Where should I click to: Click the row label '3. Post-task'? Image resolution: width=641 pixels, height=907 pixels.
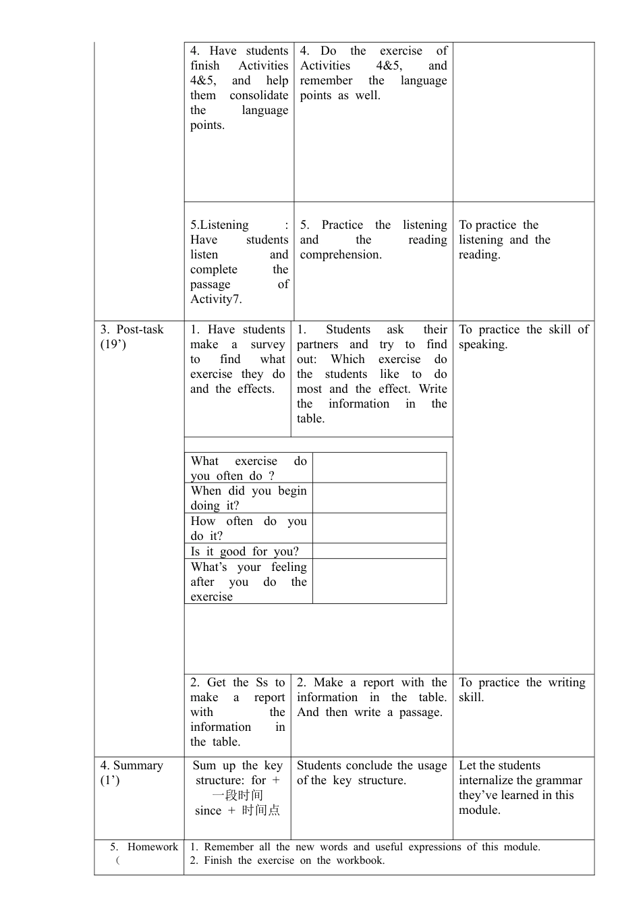pyautogui.click(x=132, y=330)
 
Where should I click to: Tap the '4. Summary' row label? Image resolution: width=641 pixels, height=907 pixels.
pyautogui.click(x=132, y=765)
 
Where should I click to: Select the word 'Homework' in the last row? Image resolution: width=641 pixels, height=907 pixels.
pyautogui.click(x=152, y=847)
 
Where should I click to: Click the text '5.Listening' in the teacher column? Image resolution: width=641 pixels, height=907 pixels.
pyautogui.click(x=219, y=225)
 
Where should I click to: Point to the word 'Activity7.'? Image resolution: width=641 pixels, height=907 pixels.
pyautogui.click(x=216, y=299)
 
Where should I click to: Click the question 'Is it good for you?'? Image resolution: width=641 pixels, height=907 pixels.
pyautogui.click(x=244, y=551)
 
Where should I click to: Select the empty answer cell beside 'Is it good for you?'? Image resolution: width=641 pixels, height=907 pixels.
pyautogui.click(x=379, y=551)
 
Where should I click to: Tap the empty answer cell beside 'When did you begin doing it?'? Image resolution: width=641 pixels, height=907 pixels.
pyautogui.click(x=379, y=498)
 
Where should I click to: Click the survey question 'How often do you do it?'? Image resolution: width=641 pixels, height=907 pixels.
pyautogui.click(x=248, y=528)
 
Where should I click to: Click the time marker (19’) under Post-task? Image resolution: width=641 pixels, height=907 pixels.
pyautogui.click(x=113, y=345)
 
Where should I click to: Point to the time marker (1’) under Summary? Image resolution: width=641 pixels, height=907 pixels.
pyautogui.click(x=110, y=780)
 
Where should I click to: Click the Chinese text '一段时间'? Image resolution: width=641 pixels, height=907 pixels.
pyautogui.click(x=238, y=796)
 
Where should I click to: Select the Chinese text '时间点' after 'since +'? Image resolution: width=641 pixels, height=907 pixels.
pyautogui.click(x=261, y=810)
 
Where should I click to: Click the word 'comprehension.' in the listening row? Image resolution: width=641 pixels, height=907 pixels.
pyautogui.click(x=341, y=255)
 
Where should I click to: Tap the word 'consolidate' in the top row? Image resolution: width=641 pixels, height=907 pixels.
pyautogui.click(x=258, y=96)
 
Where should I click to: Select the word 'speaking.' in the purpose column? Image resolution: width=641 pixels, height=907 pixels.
pyautogui.click(x=483, y=345)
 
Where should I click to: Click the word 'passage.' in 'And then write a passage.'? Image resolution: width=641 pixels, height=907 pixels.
pyautogui.click(x=420, y=713)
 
